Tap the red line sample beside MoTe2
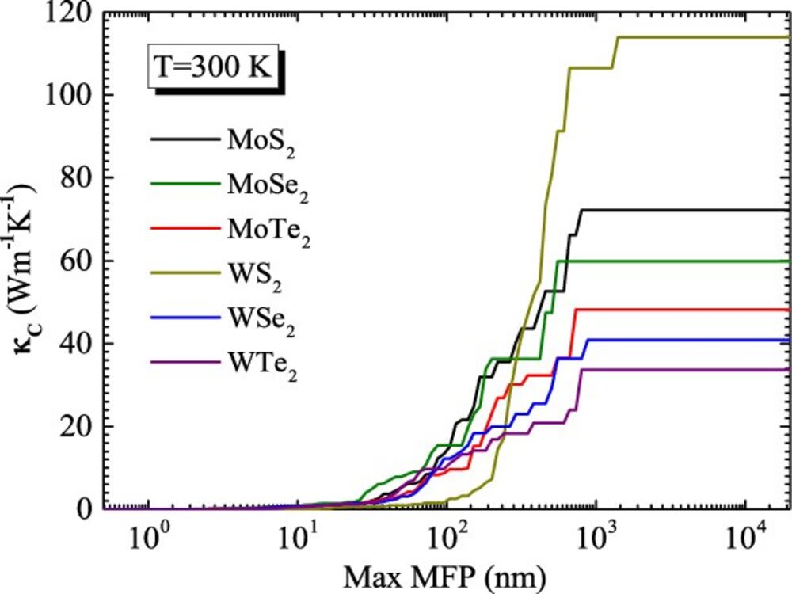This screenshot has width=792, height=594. (185, 228)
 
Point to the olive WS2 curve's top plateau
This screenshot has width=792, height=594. (697, 37)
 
